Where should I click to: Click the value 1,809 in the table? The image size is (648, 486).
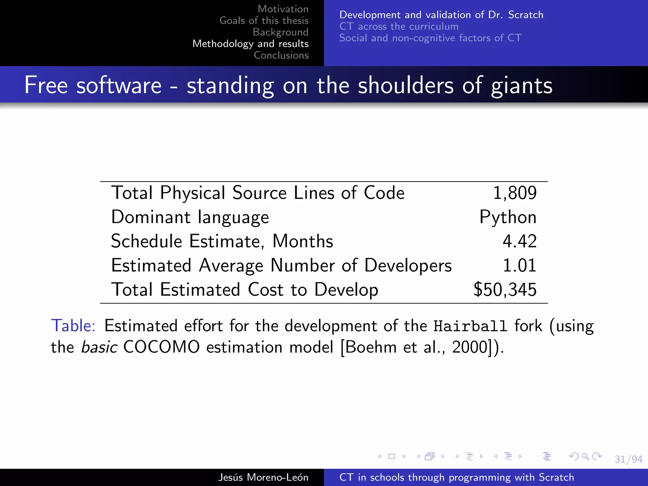pyautogui.click(x=515, y=193)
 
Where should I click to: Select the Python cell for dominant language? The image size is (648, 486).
pyautogui.click(x=508, y=217)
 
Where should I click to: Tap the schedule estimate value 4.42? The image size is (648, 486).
pyautogui.click(x=520, y=241)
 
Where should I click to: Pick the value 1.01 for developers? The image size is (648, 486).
pyautogui.click(x=520, y=265)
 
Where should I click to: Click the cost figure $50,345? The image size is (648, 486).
pyautogui.click(x=505, y=290)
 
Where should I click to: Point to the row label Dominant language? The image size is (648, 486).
pyautogui.click(x=190, y=217)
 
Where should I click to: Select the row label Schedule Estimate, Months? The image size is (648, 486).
pyautogui.click(x=222, y=241)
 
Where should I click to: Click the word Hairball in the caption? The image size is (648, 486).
pyautogui.click(x=470, y=326)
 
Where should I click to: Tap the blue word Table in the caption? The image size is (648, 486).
pyautogui.click(x=73, y=326)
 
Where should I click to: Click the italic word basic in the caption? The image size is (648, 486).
pyautogui.click(x=99, y=347)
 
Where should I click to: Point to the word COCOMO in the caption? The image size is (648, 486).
pyautogui.click(x=161, y=347)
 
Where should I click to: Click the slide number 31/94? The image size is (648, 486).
pyautogui.click(x=628, y=459)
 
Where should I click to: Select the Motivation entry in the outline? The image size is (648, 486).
pyautogui.click(x=283, y=9)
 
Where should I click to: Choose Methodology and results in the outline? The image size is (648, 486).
pyautogui.click(x=250, y=44)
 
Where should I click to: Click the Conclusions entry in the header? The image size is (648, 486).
pyautogui.click(x=281, y=55)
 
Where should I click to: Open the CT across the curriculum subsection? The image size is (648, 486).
pyautogui.click(x=399, y=26)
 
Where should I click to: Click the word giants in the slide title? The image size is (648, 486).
pyautogui.click(x=521, y=85)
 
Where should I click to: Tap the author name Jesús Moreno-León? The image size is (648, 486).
pyautogui.click(x=263, y=477)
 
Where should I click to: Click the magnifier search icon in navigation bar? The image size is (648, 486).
pyautogui.click(x=585, y=456)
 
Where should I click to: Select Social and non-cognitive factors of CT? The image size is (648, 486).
pyautogui.click(x=430, y=38)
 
